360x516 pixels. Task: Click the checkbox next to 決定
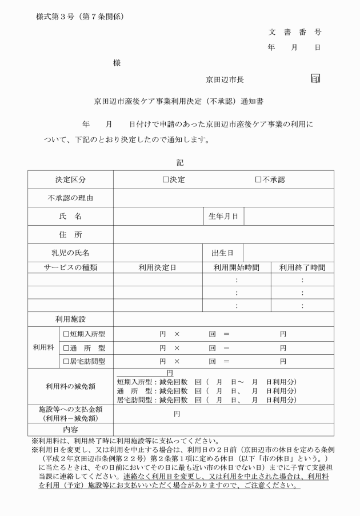pos(165,179)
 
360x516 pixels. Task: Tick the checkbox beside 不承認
pos(258,179)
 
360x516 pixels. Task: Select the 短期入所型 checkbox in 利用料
pos(66,333)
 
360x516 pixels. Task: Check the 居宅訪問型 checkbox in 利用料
pos(66,361)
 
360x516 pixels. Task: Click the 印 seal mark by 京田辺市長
pos(315,78)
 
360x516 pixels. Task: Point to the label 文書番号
pos(295,32)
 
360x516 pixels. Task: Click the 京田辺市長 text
pos(225,80)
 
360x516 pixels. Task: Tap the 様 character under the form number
pos(117,63)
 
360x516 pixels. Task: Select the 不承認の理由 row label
pos(70,198)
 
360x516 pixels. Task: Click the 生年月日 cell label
pos(223,217)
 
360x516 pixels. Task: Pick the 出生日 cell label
pos(223,252)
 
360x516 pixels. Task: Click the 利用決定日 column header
pos(158,267)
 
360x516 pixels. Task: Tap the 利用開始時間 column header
pos(236,267)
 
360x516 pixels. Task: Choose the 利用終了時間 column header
pos(302,267)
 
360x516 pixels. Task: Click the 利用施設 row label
pos(70,319)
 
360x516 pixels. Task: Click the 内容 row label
pos(70,429)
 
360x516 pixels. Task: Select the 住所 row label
pos(70,234)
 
